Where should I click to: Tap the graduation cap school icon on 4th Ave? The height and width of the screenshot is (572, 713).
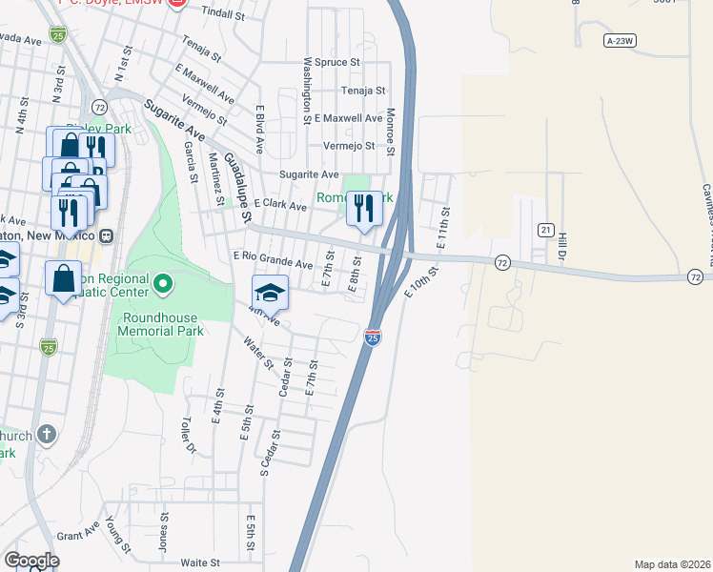pyautogui.click(x=270, y=293)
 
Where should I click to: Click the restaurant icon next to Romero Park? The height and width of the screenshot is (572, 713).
pyautogui.click(x=363, y=208)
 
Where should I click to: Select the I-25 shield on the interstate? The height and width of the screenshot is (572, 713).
pyautogui.click(x=373, y=337)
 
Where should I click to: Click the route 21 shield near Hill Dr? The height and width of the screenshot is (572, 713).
pyautogui.click(x=545, y=230)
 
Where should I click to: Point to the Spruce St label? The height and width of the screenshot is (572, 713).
pyautogui.click(x=339, y=62)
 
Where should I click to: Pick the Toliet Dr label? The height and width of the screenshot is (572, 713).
pyautogui.click(x=190, y=434)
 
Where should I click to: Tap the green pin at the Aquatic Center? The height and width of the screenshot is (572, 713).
pyautogui.click(x=163, y=283)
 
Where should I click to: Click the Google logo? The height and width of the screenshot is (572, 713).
pyautogui.click(x=31, y=561)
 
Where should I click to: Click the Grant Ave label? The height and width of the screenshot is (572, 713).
pyautogui.click(x=72, y=536)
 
